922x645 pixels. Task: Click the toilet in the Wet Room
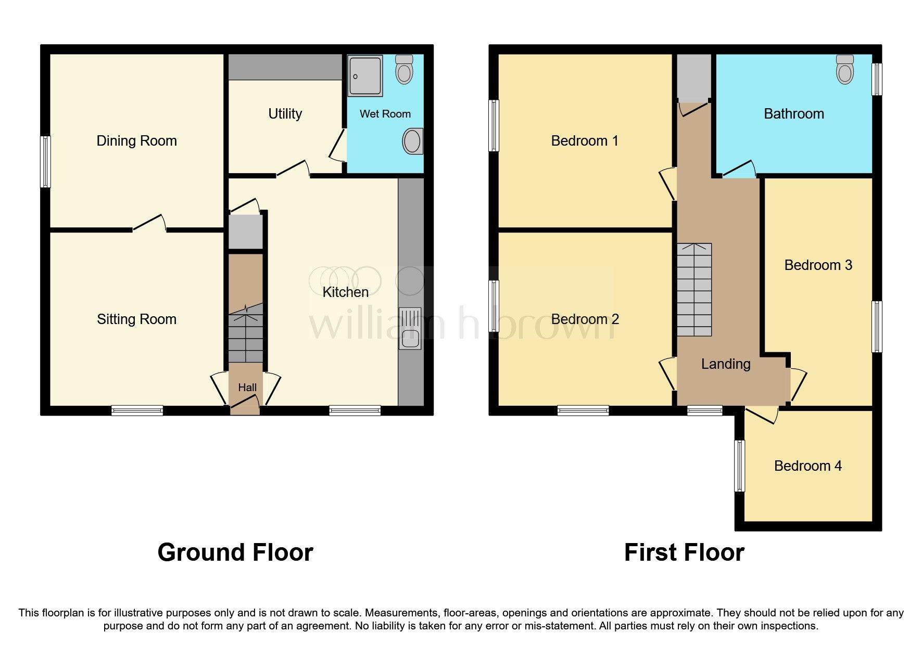[404, 70]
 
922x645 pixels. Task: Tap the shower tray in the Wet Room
[365, 76]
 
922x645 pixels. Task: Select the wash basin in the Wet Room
[412, 141]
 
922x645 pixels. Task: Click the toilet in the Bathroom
[845, 70]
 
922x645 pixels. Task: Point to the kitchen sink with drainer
[410, 329]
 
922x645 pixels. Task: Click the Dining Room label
[136, 141]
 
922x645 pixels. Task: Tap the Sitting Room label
[136, 319]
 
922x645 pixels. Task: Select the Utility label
[285, 113]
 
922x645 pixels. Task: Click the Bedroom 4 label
[807, 466]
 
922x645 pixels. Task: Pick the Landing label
[725, 364]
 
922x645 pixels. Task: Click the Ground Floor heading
[235, 552]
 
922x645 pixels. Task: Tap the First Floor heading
[684, 552]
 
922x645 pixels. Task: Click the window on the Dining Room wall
[46, 161]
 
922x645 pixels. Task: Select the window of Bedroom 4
[739, 466]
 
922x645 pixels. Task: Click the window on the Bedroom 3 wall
[877, 327]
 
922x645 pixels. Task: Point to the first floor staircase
[694, 290]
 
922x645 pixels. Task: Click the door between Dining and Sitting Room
[149, 224]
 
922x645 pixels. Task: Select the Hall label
[247, 388]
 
